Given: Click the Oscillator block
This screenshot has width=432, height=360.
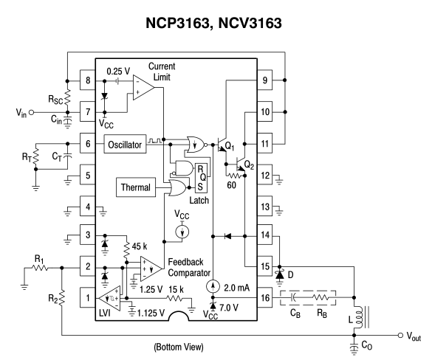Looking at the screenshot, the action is [125, 144].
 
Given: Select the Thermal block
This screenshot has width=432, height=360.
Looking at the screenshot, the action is [136, 187].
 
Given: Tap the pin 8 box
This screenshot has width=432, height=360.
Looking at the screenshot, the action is [88, 80].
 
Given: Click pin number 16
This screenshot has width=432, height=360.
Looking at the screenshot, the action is [265, 297].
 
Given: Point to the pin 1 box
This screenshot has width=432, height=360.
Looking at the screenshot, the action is [88, 297].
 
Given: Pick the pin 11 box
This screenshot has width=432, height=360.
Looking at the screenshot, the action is [265, 143].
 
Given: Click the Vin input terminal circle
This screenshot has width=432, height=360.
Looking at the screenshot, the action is [32, 112].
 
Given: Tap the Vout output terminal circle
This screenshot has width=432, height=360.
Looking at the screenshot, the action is [400, 335].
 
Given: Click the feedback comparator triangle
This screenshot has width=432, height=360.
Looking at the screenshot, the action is [150, 269].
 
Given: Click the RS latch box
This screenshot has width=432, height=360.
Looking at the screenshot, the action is [201, 178].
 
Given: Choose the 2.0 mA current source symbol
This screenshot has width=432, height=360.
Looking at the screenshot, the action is [213, 286].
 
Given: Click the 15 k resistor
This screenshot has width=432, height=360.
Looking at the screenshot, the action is [174, 298].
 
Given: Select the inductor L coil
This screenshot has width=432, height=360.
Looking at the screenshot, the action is [358, 316].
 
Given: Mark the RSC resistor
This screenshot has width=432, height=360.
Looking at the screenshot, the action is [67, 97].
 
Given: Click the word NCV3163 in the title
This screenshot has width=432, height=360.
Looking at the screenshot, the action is [250, 23].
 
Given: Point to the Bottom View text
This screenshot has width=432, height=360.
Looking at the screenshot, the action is [179, 347].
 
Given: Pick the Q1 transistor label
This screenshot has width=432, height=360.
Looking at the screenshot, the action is [230, 146].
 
